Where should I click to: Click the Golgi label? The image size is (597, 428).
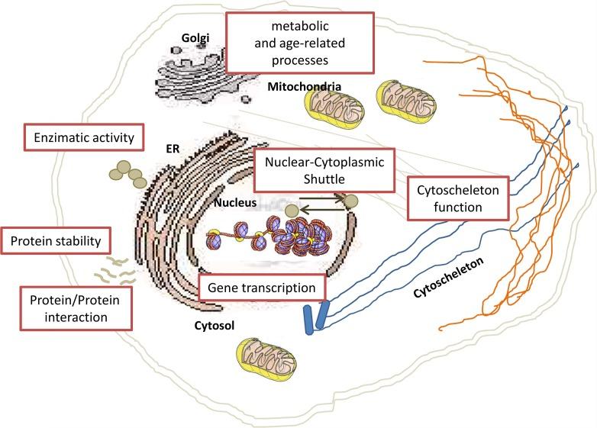click(x=195, y=37)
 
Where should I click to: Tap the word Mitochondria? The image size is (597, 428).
click(x=303, y=87)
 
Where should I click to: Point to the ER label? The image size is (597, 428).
click(x=173, y=150)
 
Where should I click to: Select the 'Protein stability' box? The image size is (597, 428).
click(x=56, y=242)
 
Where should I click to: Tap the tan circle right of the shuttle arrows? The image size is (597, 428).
click(x=351, y=201)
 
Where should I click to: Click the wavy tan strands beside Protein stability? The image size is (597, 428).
click(x=115, y=269)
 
